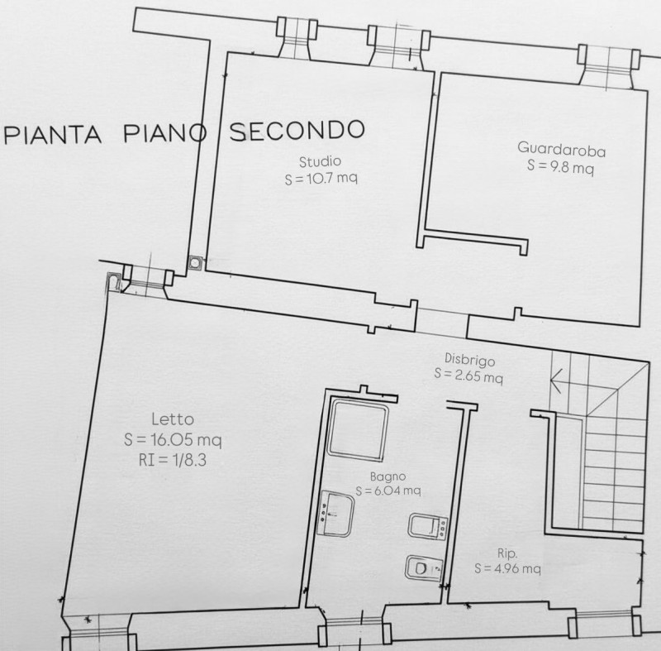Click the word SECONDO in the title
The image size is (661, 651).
click(x=297, y=131)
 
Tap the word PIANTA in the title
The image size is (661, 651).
click(x=52, y=135)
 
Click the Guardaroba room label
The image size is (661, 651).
click(x=561, y=150)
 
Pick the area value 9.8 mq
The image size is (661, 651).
click(x=571, y=167)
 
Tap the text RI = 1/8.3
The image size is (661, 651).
click(x=173, y=460)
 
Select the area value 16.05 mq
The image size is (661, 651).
click(x=186, y=440)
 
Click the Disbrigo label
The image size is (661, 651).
click(x=469, y=360)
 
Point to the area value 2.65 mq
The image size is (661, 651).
click(x=479, y=376)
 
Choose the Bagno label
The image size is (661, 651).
click(x=388, y=476)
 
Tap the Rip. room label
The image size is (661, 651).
click(x=507, y=553)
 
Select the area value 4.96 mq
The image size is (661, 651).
click(x=517, y=569)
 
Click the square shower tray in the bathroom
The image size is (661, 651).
click(x=358, y=429)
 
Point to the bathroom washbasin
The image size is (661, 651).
click(x=337, y=514)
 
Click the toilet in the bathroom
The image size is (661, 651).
click(x=424, y=568)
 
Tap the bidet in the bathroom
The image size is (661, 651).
click(x=428, y=526)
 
